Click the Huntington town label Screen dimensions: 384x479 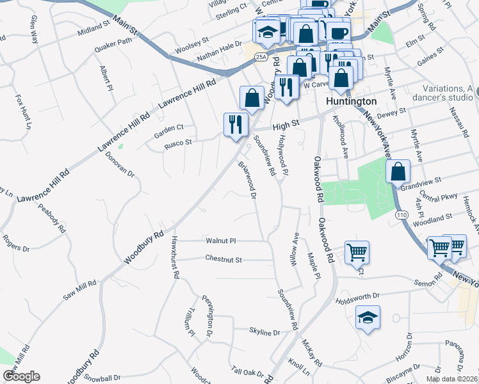coord(351,101)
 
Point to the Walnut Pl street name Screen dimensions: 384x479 coord(221,241)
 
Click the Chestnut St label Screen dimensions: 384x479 coord(223,259)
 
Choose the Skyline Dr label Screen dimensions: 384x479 coord(264,333)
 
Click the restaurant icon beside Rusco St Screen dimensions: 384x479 coord(235,124)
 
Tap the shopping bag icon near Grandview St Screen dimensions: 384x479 coord(398,172)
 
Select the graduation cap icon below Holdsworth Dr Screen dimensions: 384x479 coord(368,318)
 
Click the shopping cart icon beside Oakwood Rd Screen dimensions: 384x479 coord(356,251)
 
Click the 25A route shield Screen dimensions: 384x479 coord(260,57)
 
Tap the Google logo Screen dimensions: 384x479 coord(21,376)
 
